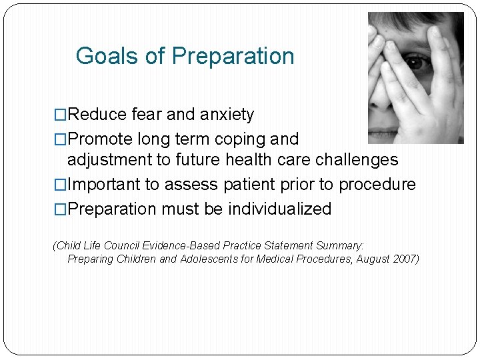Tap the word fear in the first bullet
click(x=147, y=115)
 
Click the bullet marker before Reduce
click(x=60, y=115)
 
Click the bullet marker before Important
click(x=60, y=184)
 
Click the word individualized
click(x=279, y=209)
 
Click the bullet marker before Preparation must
click(x=60, y=209)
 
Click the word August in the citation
click(x=370, y=259)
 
